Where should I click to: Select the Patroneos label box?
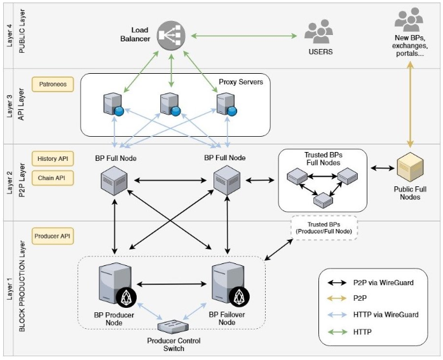click(53, 84)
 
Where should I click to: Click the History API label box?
click(53, 158)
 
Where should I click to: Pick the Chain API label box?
click(53, 177)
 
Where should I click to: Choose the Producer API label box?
click(53, 236)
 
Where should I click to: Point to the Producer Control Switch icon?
click(174, 326)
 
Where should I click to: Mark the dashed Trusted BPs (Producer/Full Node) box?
click(324, 228)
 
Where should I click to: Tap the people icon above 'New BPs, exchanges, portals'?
click(408, 20)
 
